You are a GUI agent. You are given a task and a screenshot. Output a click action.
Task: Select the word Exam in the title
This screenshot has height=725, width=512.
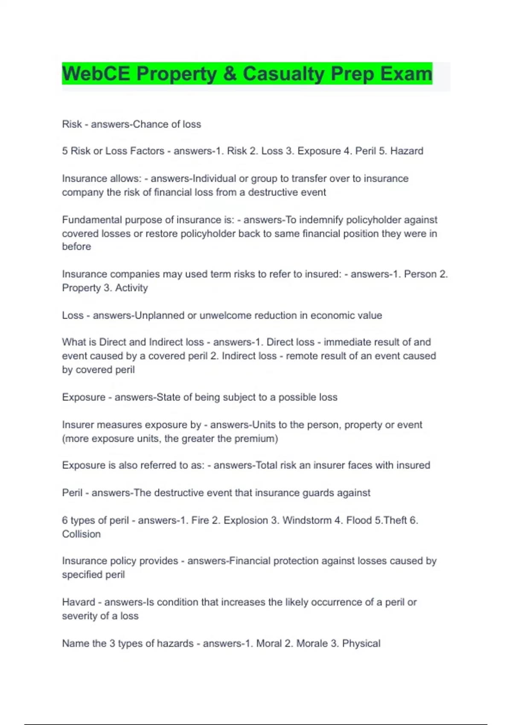pos(406,73)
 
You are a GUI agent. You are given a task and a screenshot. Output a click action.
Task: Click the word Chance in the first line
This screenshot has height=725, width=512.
pos(150,124)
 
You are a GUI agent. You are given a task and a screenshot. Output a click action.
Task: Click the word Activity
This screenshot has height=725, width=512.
pos(131,288)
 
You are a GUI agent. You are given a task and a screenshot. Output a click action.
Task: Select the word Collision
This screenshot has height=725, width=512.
pos(81,534)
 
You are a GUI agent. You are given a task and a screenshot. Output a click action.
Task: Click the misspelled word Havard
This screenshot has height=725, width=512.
pos(79,602)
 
